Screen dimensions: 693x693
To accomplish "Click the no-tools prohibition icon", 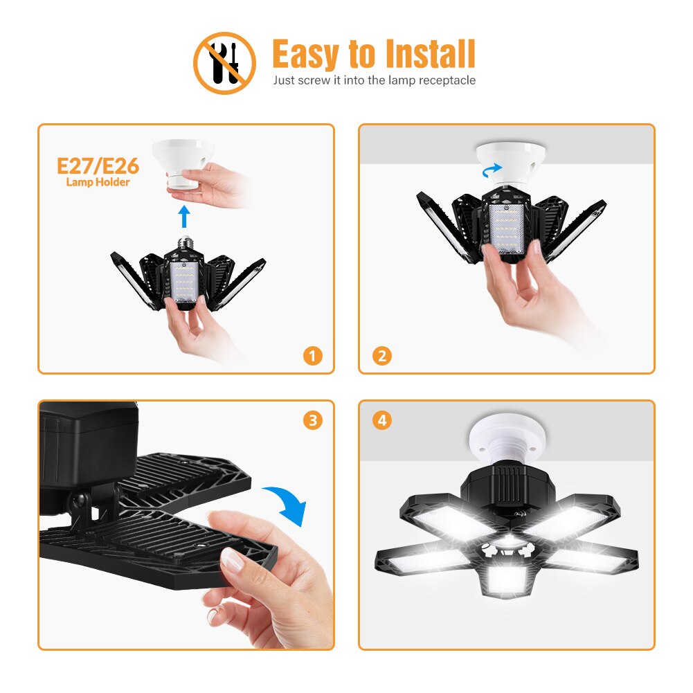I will point(224,63).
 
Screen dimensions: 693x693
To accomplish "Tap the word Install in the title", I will point(429,54).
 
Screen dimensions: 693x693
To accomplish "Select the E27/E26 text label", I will point(98,166).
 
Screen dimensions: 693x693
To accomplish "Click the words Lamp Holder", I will point(98,183).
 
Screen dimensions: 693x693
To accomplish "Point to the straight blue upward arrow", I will point(183,215).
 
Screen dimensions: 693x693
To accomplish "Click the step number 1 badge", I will point(313,356).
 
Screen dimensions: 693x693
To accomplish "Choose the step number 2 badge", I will point(381,356).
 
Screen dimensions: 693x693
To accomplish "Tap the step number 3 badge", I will point(313,420).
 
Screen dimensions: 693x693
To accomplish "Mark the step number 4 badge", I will point(381,420).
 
